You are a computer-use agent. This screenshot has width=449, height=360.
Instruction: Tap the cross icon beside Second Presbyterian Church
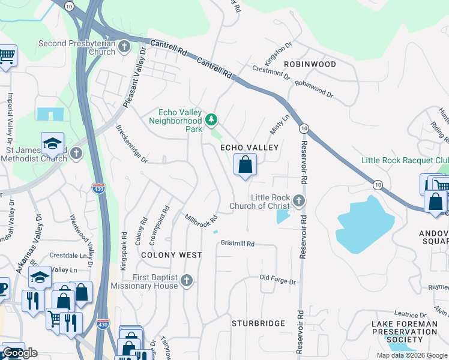pos(124,47)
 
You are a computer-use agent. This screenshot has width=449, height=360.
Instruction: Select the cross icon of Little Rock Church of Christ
pos(298,201)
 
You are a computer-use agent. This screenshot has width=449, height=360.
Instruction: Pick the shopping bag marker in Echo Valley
pos(245,165)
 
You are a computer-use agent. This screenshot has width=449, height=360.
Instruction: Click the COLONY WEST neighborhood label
pos(171,255)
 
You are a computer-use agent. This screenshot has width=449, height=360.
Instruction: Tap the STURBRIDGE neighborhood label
pos(259,323)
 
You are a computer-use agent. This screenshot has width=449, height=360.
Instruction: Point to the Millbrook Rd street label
pos(200,221)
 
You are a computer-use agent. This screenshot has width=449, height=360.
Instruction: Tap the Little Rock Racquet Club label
pos(405,160)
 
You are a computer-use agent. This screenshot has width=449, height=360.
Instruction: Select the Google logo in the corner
pos(20,353)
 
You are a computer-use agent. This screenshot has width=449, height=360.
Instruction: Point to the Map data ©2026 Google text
pos(411,355)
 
